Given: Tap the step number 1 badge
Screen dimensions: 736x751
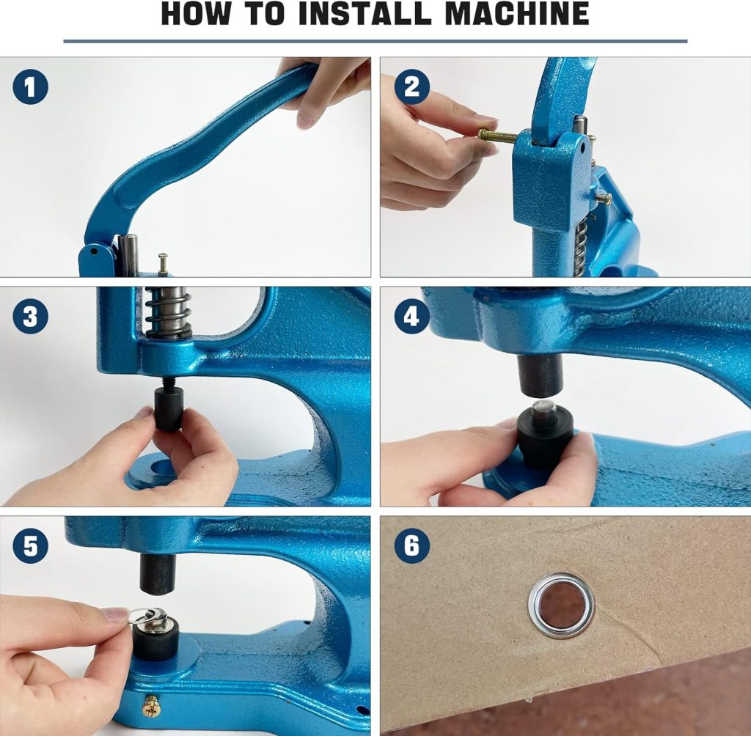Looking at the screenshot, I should pyautogui.click(x=30, y=87).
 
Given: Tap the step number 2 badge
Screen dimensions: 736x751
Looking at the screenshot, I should pyautogui.click(x=411, y=87).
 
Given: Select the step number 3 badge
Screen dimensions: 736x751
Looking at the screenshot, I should pyautogui.click(x=30, y=317).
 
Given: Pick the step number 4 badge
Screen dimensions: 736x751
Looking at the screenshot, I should pyautogui.click(x=411, y=317).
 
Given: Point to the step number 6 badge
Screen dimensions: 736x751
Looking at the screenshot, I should pyautogui.click(x=411, y=546).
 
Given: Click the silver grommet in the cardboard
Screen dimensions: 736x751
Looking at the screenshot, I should pyautogui.click(x=561, y=605).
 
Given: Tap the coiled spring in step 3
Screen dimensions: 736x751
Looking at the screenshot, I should pyautogui.click(x=168, y=312).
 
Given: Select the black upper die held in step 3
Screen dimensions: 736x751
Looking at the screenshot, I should pyautogui.click(x=169, y=408).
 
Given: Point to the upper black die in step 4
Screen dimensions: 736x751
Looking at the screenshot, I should pyautogui.click(x=541, y=375).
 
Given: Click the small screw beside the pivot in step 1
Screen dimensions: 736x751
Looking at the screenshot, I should pyautogui.click(x=162, y=262).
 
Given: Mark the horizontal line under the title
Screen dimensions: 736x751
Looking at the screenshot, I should pyautogui.click(x=375, y=41).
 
